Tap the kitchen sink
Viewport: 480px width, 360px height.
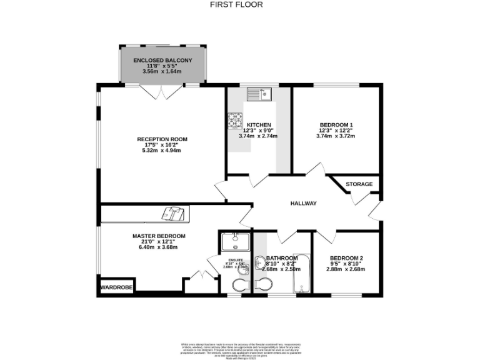257,95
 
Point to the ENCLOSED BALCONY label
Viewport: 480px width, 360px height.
162,60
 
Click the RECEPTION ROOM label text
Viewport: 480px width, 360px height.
162,139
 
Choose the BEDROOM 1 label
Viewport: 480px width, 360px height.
336,124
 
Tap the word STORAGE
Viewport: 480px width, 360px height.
361,184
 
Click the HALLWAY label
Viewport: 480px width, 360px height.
304,204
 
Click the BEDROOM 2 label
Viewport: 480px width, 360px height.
346,258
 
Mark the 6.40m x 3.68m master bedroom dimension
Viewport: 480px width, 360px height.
159,247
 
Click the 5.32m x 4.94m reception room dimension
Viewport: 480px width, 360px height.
162,151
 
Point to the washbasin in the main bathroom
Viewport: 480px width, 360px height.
260,264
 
